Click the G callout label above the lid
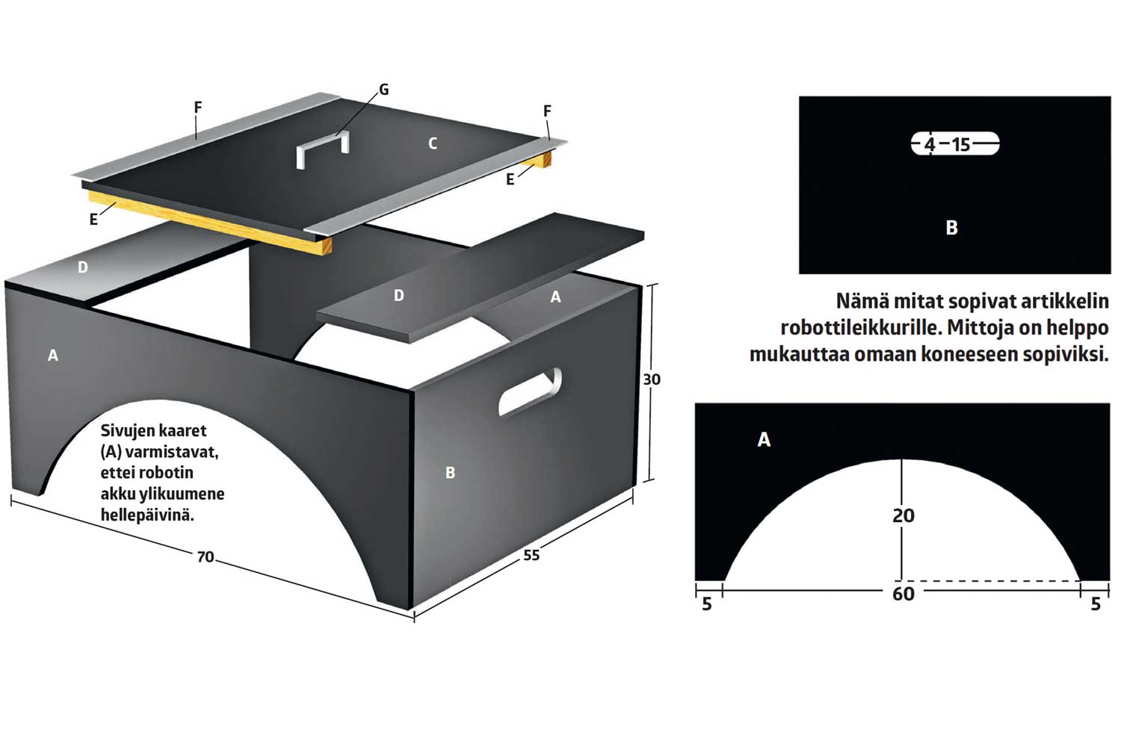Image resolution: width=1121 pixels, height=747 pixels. click(384, 90)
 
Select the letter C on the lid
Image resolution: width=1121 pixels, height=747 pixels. click(433, 143)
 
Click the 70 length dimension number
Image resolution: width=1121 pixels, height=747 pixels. click(206, 557)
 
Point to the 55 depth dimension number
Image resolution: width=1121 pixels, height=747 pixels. click(531, 555)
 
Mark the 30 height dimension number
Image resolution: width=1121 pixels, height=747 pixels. click(652, 379)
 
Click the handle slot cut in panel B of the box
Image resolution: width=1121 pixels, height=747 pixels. click(530, 391)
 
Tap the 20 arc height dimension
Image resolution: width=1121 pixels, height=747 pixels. click(904, 515)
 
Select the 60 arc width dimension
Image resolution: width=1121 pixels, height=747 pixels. click(904, 593)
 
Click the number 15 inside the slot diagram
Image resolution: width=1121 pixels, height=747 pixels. click(961, 145)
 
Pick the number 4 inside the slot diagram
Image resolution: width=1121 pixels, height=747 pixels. click(930, 145)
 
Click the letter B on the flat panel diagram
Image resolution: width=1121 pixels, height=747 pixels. click(952, 227)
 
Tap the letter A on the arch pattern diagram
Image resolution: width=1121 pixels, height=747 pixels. click(764, 439)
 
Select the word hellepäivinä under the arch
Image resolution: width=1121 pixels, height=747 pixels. click(147, 515)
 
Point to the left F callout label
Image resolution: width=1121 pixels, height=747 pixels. click(198, 107)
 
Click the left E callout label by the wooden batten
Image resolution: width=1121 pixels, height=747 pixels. click(93, 219)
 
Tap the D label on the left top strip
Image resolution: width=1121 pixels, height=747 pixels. click(82, 267)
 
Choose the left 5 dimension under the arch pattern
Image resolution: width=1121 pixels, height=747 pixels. click(707, 604)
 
